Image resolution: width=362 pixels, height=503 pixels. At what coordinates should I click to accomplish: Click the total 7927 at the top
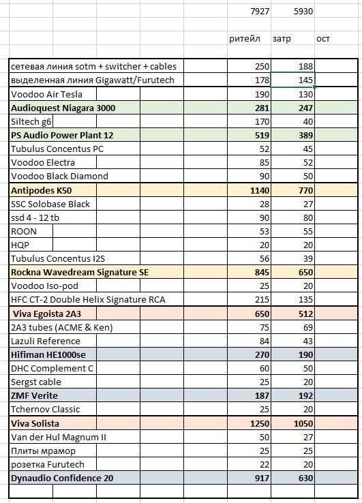coord(260,12)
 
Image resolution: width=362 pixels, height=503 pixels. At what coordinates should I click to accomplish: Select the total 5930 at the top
coord(303,12)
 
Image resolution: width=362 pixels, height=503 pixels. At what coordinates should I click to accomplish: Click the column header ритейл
coord(245,39)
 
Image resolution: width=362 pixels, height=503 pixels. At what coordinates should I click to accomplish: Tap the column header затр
coord(282,39)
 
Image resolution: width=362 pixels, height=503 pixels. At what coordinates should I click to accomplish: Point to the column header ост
coord(323,39)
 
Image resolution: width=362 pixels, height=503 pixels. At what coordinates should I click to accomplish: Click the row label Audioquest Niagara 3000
coord(63,108)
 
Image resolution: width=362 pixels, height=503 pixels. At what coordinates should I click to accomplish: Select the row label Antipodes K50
coord(42,191)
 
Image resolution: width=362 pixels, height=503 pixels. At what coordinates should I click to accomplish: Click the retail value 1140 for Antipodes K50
coord(260,191)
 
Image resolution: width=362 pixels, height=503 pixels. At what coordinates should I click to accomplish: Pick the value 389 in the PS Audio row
coord(305,136)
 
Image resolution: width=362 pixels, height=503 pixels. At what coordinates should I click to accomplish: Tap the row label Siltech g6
coord(31,122)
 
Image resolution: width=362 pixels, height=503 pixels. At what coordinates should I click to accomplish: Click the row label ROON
coord(24,232)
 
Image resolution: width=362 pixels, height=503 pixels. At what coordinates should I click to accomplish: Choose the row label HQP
coord(20,245)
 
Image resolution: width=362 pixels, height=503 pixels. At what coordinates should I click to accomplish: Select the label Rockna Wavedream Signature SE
coord(80,273)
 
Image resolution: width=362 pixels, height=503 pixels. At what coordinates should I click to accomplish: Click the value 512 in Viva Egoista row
coord(305,314)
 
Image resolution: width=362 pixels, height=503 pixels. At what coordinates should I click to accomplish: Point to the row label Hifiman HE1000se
coord(48,355)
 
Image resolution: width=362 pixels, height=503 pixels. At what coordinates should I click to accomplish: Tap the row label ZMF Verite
coord(34,395)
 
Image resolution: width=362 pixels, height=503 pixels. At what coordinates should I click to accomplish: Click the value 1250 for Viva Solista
coord(260,423)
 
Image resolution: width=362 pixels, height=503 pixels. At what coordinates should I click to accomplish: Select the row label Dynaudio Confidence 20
coord(62,478)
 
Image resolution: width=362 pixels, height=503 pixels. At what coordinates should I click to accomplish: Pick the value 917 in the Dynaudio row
coord(262,478)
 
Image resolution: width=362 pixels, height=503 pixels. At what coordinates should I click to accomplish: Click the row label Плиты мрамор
coord(43,451)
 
